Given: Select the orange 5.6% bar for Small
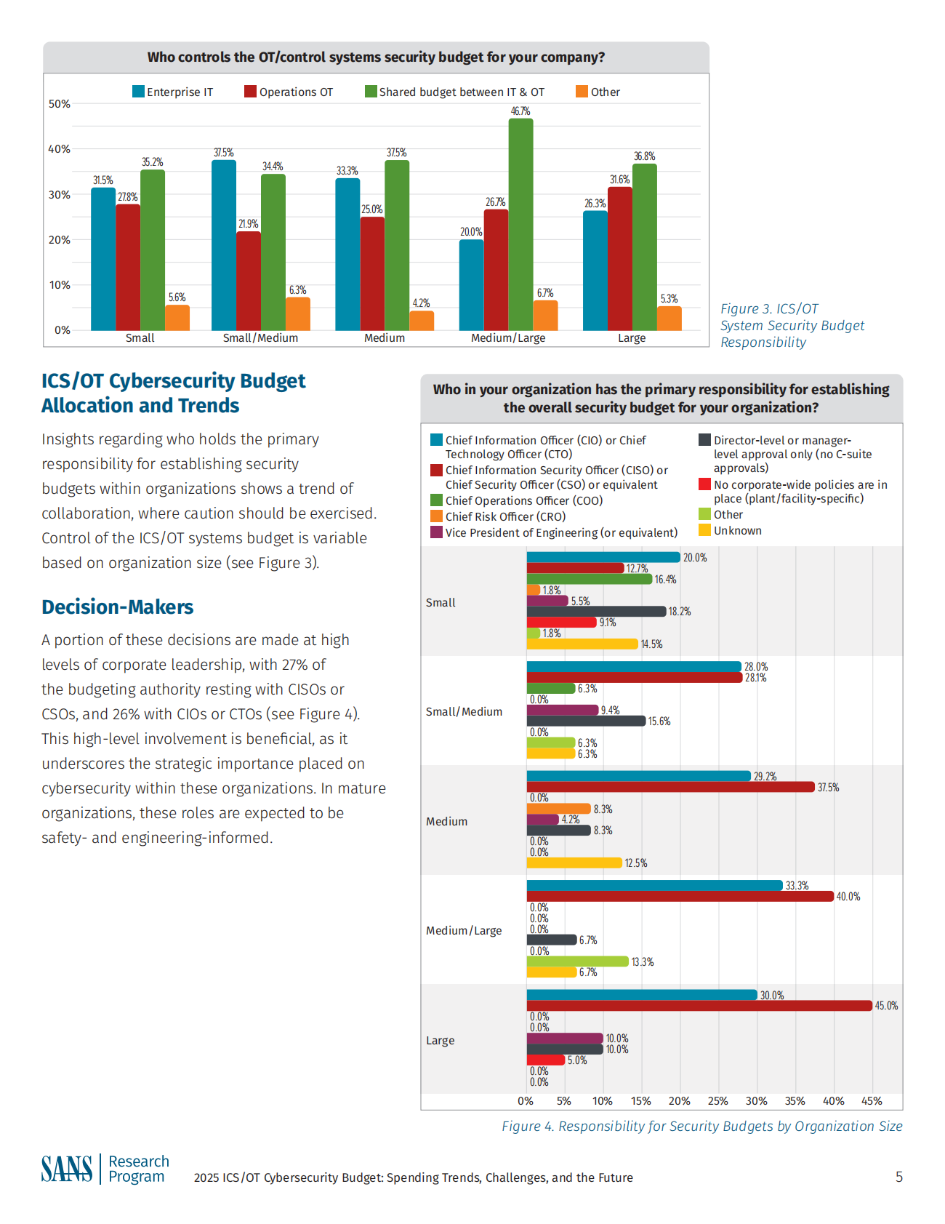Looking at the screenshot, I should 177,318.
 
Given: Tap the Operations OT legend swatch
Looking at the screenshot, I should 250,92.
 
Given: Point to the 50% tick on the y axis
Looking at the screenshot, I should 60,104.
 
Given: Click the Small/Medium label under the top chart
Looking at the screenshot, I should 260,338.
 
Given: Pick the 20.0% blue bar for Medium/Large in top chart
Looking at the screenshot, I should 471,284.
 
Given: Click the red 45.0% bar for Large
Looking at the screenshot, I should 699,1006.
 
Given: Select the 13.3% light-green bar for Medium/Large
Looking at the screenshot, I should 577,961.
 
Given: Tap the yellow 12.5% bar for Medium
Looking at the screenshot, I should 574,863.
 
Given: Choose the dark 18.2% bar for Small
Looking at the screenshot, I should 596,612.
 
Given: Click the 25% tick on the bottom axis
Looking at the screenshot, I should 717,1101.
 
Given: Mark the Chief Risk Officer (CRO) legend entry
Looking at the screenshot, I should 504,516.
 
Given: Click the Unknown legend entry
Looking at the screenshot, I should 737,530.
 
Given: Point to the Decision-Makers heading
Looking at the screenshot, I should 118,607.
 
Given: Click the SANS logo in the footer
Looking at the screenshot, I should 67,1169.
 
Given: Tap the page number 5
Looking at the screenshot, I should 899,1177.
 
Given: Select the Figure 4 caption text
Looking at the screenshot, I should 701,1126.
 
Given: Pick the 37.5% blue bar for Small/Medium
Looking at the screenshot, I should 224,245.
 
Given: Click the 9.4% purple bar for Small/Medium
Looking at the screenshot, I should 562,710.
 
